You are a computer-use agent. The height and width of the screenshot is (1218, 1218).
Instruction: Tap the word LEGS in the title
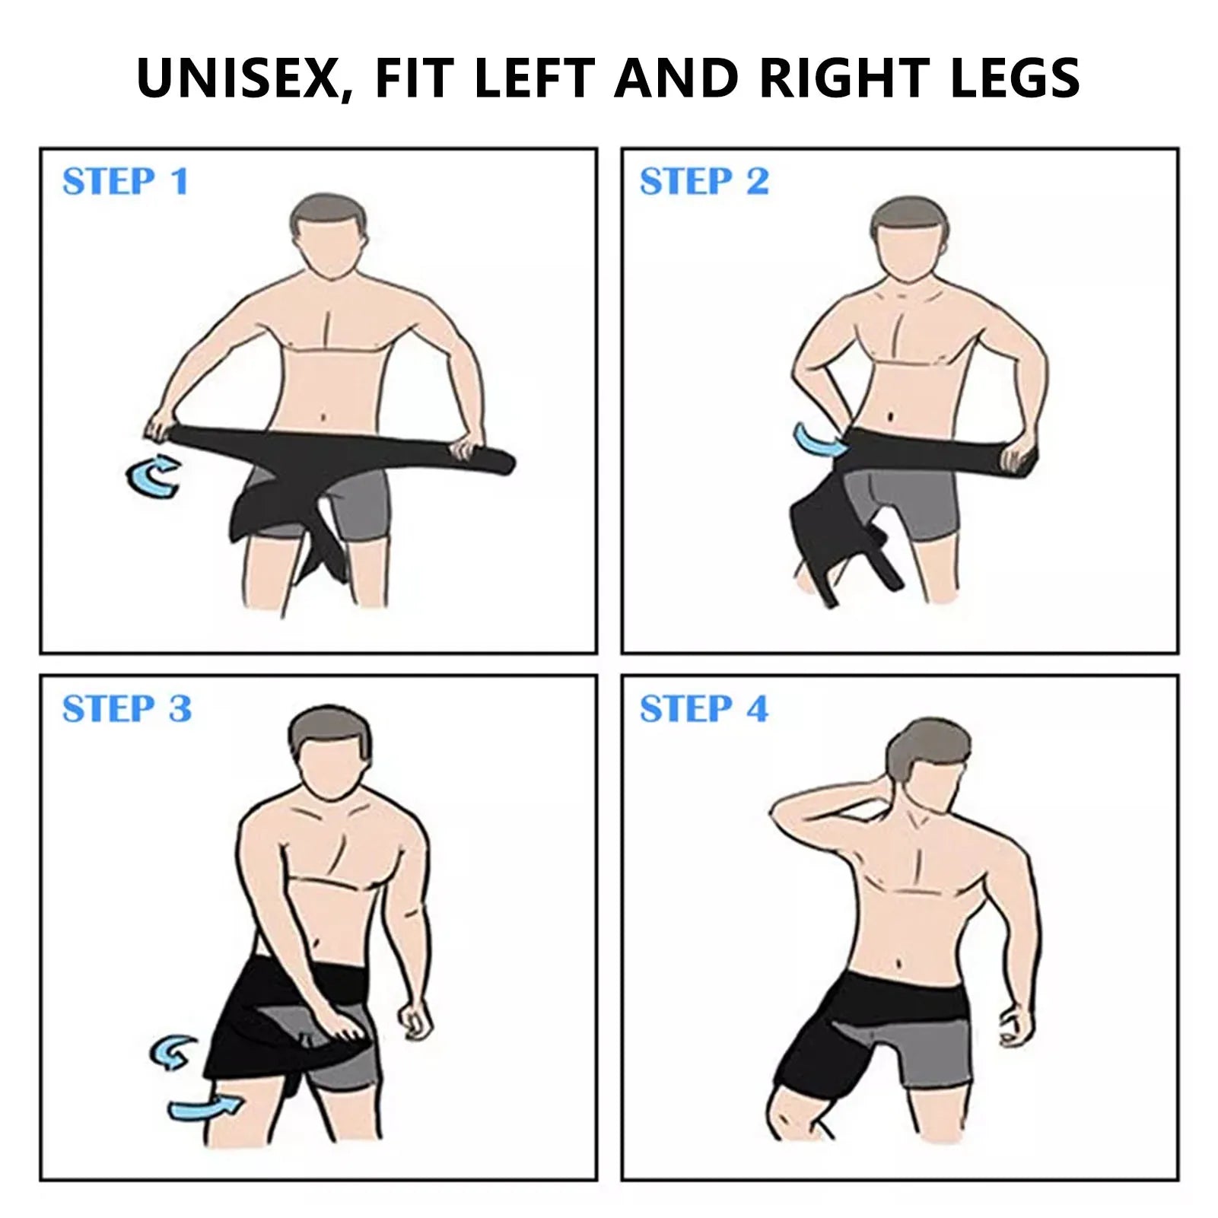pyautogui.click(x=1015, y=78)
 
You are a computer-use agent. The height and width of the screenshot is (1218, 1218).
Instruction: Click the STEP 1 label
pyautogui.click(x=126, y=182)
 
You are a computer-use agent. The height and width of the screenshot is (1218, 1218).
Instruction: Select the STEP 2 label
pyautogui.click(x=704, y=182)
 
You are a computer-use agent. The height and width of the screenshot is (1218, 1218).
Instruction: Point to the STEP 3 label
pyautogui.click(x=127, y=709)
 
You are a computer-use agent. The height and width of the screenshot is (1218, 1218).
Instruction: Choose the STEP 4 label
pyautogui.click(x=704, y=709)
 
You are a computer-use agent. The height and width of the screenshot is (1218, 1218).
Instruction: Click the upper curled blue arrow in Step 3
pyautogui.click(x=173, y=1051)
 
